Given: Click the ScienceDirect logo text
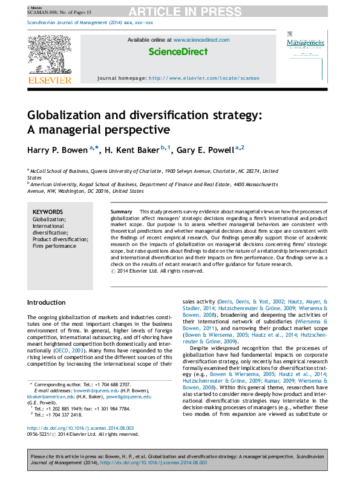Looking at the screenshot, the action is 178,53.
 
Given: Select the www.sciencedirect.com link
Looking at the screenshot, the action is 201,40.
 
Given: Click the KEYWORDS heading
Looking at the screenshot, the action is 48,212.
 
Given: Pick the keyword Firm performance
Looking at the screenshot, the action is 54,246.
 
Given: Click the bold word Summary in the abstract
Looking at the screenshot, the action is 122,212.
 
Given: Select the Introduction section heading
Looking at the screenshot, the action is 47,302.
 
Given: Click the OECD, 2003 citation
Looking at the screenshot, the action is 68,349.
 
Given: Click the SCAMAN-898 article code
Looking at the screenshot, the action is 42,11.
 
